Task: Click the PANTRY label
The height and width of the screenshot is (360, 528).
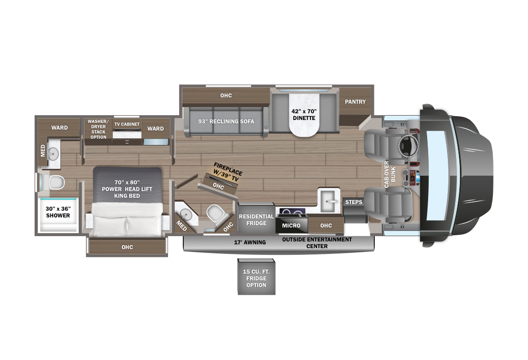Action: pyautogui.click(x=355, y=102)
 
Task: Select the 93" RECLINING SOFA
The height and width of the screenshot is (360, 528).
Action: pyautogui.click(x=226, y=121)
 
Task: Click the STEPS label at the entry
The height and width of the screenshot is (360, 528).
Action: pyautogui.click(x=354, y=202)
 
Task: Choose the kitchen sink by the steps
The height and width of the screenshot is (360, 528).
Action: pyautogui.click(x=329, y=201)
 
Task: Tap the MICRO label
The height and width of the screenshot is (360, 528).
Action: pyautogui.click(x=291, y=226)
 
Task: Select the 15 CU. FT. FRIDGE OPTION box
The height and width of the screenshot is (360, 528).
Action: pyautogui.click(x=256, y=277)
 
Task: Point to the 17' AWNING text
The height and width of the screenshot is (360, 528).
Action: pyautogui.click(x=250, y=242)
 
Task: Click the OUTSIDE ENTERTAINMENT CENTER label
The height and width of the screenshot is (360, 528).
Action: pyautogui.click(x=317, y=243)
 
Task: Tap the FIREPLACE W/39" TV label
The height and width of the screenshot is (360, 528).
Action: pyautogui.click(x=227, y=172)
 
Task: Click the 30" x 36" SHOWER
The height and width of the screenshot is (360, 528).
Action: pyautogui.click(x=58, y=215)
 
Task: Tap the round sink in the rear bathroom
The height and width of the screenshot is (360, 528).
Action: pyautogui.click(x=53, y=154)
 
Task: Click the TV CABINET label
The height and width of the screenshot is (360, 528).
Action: pyautogui.click(x=127, y=124)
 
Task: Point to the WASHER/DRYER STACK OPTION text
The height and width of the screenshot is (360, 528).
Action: pyautogui.click(x=98, y=129)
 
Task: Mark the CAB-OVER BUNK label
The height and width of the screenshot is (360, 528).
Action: pyautogui.click(x=390, y=174)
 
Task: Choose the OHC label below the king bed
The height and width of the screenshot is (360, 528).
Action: pyautogui.click(x=127, y=247)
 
